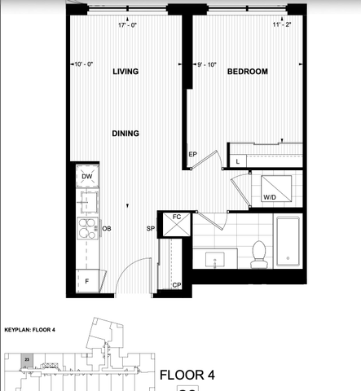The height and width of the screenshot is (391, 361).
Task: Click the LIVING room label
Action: point(125,72)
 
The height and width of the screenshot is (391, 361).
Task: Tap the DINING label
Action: point(125,134)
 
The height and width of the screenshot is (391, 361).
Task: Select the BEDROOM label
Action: point(247,72)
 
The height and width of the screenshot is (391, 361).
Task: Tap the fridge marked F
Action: point(86,280)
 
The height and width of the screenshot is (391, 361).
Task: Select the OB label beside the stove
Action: point(106,229)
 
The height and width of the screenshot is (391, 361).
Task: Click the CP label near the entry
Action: point(177,284)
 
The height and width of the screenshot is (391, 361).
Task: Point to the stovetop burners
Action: point(86,229)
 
